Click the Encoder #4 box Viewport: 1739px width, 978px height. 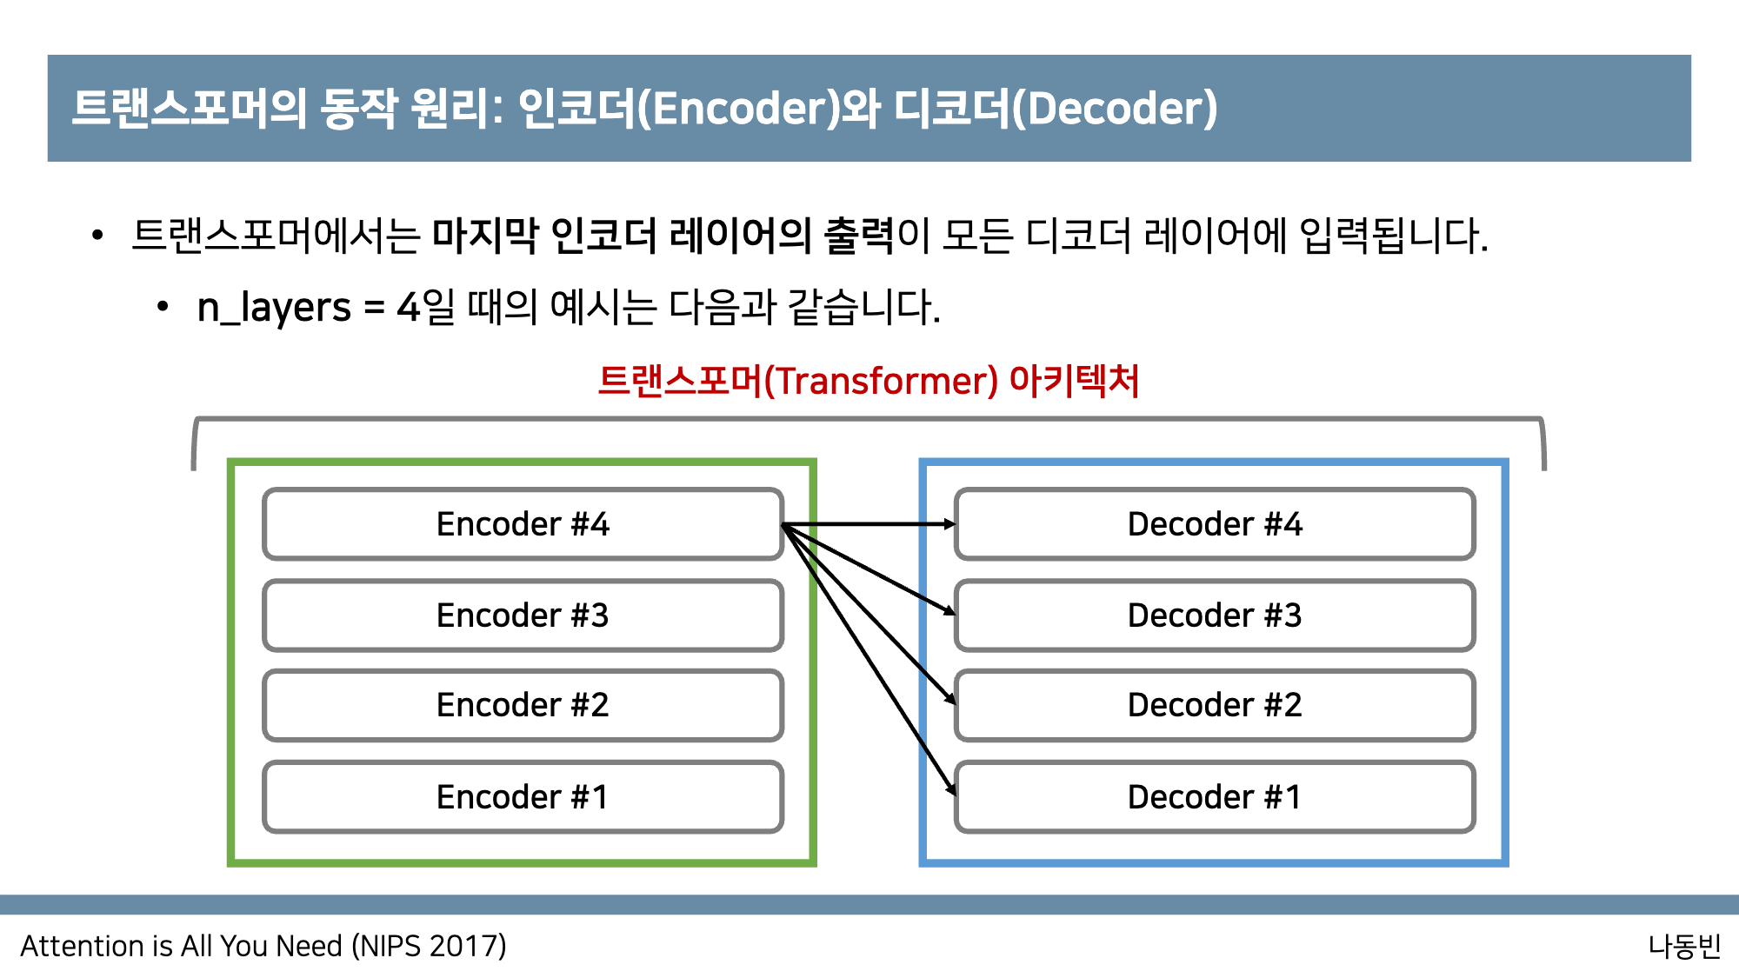click(523, 524)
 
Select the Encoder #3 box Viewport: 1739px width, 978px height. click(523, 615)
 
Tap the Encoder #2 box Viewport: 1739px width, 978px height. click(523, 705)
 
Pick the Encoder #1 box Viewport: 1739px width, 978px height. click(523, 797)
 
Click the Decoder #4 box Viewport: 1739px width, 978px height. click(1215, 524)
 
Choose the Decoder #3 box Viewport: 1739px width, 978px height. click(1215, 615)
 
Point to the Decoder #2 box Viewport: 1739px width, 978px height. click(1215, 705)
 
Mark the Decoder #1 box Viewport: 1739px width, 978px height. click(1215, 797)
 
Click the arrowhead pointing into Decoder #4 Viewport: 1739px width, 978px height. click(949, 524)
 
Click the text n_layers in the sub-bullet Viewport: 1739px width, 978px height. click(274, 308)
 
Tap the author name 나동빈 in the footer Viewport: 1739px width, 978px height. click(1683, 946)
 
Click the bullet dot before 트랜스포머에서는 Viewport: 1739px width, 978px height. click(97, 236)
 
